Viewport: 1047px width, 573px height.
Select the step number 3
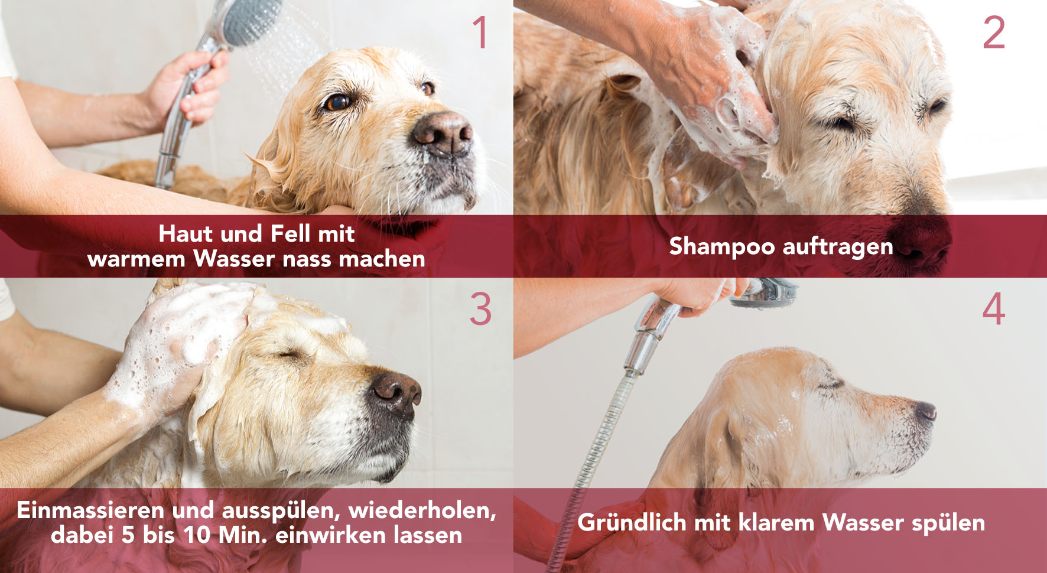click(x=480, y=309)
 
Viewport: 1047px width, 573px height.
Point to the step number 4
click(x=994, y=309)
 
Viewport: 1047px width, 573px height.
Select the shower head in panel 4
click(x=762, y=293)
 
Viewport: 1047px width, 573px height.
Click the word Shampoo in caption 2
click(x=721, y=246)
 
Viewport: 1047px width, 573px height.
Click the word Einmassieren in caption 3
click(x=90, y=510)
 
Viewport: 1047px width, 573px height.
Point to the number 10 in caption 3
click(x=197, y=535)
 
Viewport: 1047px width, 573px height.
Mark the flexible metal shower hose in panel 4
click(x=597, y=449)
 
